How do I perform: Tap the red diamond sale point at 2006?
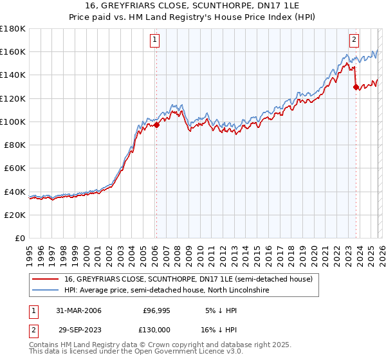[x=156, y=125]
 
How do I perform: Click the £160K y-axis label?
[x=14, y=51]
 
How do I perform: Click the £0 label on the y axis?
[x=20, y=238]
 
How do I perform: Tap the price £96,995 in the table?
[x=156, y=310]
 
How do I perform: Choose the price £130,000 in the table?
[x=156, y=329]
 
